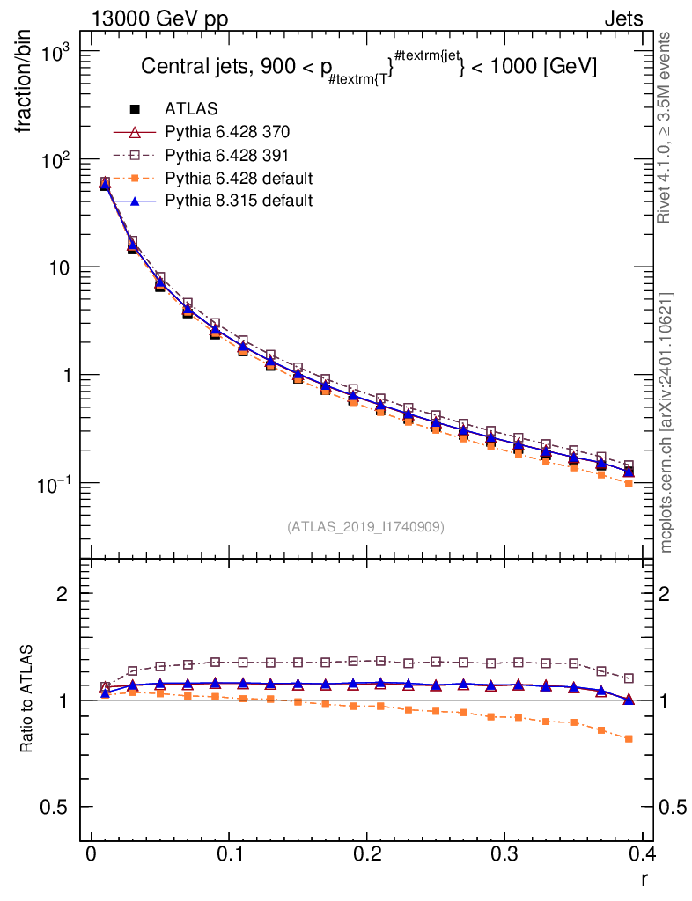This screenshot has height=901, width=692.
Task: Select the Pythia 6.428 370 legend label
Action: (227, 132)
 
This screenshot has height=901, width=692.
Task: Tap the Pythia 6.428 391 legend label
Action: (227, 155)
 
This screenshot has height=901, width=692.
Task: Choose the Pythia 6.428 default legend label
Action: (239, 178)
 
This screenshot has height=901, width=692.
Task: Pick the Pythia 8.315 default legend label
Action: (239, 201)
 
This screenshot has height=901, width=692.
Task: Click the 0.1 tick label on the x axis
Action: (228, 854)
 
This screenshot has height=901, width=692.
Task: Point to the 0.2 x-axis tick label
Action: (365, 854)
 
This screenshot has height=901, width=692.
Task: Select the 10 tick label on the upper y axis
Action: (59, 267)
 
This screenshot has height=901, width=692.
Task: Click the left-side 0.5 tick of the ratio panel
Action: (55, 808)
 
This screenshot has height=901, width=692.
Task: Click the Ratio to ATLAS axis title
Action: (27, 699)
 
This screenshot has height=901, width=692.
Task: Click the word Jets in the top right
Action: (622, 18)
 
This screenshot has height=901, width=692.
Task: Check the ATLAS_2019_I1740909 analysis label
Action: (365, 527)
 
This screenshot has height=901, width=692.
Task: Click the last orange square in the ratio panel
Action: (629, 739)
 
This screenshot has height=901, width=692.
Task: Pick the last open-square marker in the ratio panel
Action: (629, 678)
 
